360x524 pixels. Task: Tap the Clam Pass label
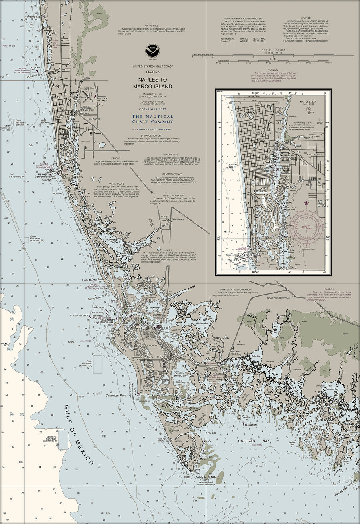33,17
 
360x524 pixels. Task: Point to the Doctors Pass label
34,75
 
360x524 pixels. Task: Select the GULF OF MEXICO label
79,434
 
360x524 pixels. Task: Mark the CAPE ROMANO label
205,477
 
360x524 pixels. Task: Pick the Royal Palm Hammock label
278,298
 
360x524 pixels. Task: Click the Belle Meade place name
178,219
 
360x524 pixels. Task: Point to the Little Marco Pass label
93,280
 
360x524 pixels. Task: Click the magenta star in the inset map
307,203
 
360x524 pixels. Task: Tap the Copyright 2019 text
153,109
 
